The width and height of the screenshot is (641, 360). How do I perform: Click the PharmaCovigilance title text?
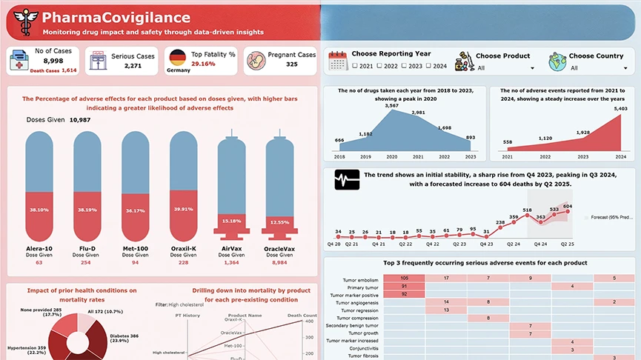pyautogui.click(x=116, y=18)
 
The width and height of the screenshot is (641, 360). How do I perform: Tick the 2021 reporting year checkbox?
pyautogui.click(x=355, y=67)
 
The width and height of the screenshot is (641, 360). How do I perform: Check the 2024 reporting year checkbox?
pyautogui.click(x=428, y=67)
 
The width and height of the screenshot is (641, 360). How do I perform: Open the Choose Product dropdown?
pyautogui.click(x=504, y=68)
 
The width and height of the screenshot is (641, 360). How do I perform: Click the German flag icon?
pyautogui.click(x=177, y=59)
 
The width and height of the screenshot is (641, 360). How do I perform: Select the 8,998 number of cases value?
pyautogui.click(x=53, y=61)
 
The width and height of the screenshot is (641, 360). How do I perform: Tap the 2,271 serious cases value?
pyautogui.click(x=133, y=66)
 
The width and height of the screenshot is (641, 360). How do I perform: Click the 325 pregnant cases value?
pyautogui.click(x=292, y=64)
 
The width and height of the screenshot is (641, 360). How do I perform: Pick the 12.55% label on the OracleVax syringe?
pyautogui.click(x=279, y=222)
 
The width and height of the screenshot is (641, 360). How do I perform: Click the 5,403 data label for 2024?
pyautogui.click(x=620, y=109)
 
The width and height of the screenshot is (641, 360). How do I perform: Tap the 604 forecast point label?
pyautogui.click(x=568, y=207)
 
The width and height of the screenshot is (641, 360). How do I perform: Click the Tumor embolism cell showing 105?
pyautogui.click(x=404, y=278)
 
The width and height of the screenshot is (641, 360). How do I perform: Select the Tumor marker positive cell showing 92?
pyautogui.click(x=404, y=294)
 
